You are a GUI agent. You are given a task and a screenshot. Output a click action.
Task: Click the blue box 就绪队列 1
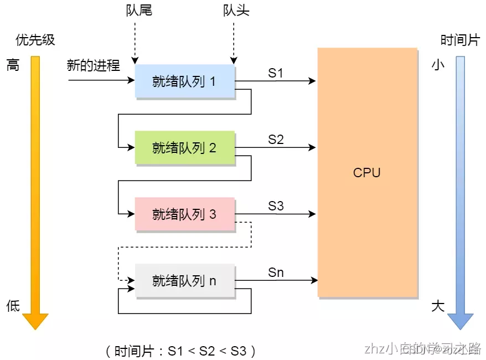point(185,81)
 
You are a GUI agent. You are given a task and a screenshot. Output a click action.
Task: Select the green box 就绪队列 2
point(185,148)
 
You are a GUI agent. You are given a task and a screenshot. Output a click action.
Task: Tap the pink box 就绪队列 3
point(185,214)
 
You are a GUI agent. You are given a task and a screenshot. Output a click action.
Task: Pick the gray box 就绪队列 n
point(185,281)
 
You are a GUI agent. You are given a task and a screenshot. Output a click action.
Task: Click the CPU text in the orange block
point(366,172)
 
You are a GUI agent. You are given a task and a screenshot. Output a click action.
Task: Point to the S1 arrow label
point(276,73)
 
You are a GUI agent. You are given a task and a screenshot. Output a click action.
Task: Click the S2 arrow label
point(276,139)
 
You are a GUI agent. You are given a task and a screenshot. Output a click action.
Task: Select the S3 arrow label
point(276,205)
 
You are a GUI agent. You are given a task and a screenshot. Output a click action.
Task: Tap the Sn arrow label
point(276,272)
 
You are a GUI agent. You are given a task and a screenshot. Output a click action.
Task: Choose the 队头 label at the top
point(236,11)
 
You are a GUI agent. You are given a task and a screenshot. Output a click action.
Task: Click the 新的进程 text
point(93,65)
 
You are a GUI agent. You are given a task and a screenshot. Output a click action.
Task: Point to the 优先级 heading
point(35,40)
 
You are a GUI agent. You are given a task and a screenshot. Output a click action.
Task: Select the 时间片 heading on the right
point(459,40)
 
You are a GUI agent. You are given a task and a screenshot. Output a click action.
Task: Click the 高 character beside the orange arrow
point(13,65)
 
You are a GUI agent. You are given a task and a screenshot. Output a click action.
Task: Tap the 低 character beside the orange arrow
point(13,306)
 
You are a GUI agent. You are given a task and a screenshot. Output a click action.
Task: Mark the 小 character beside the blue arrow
point(437,65)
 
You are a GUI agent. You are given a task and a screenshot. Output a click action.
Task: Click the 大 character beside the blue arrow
point(437,306)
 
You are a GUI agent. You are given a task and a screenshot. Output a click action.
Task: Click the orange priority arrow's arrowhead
point(35,321)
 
